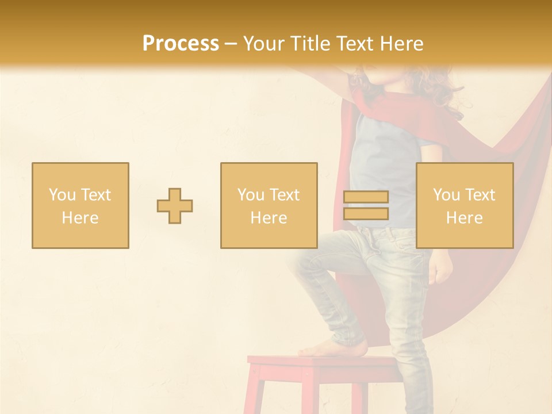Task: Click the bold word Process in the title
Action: point(181,44)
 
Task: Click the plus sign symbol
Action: point(175,206)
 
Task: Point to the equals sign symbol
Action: point(366,205)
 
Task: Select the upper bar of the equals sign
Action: point(366,197)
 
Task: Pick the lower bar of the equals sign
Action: point(366,214)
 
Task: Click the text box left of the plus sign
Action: point(80,206)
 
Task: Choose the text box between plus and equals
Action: point(269,206)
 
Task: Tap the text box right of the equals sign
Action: point(465,206)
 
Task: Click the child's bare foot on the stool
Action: point(336,347)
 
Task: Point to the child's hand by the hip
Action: point(440,268)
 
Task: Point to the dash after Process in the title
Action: point(231,44)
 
